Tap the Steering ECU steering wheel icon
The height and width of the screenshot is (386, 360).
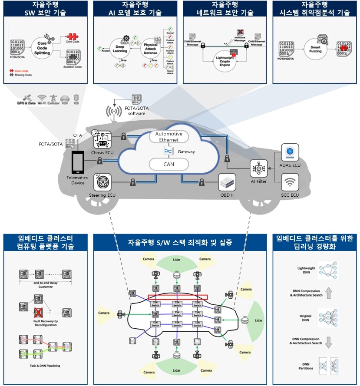(x=102, y=182)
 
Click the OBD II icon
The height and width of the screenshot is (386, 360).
(x=227, y=182)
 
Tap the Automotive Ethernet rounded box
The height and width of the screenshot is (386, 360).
(x=169, y=136)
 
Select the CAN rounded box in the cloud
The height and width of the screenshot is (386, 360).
(x=169, y=164)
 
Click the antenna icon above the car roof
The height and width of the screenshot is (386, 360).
(x=114, y=112)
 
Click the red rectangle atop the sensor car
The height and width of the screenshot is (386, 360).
(x=178, y=297)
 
